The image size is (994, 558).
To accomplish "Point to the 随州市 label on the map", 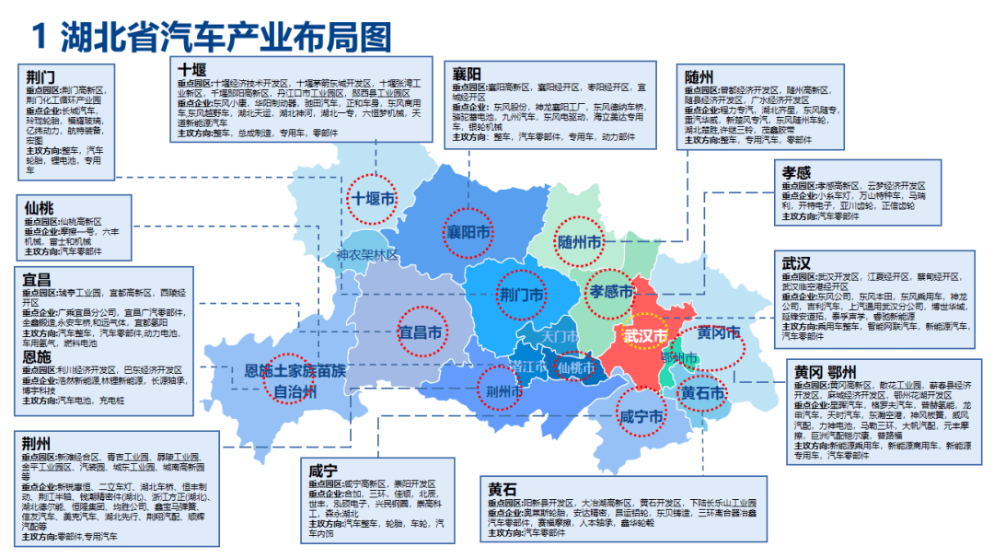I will pos(580,242).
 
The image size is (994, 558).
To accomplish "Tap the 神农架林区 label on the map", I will pos(366,255).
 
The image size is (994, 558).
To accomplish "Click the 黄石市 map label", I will pos(702,393).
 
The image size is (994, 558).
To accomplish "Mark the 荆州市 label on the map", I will pos(504,390).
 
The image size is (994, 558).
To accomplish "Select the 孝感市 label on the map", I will pos(612,292).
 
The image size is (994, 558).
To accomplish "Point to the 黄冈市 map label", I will pos(719,332).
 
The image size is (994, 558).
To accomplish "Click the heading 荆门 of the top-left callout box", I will pos(40,78).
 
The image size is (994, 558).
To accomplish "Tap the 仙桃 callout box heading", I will pos(40,208).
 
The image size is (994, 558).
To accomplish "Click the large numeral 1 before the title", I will pos(39,38).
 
